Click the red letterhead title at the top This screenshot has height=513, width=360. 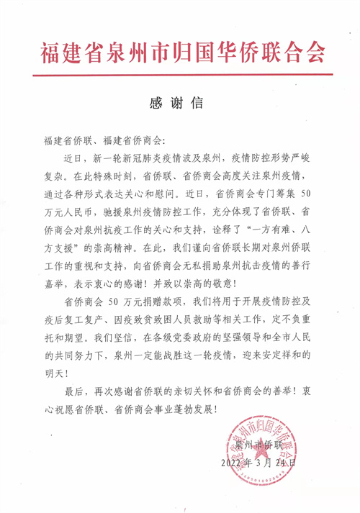click(x=180, y=52)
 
